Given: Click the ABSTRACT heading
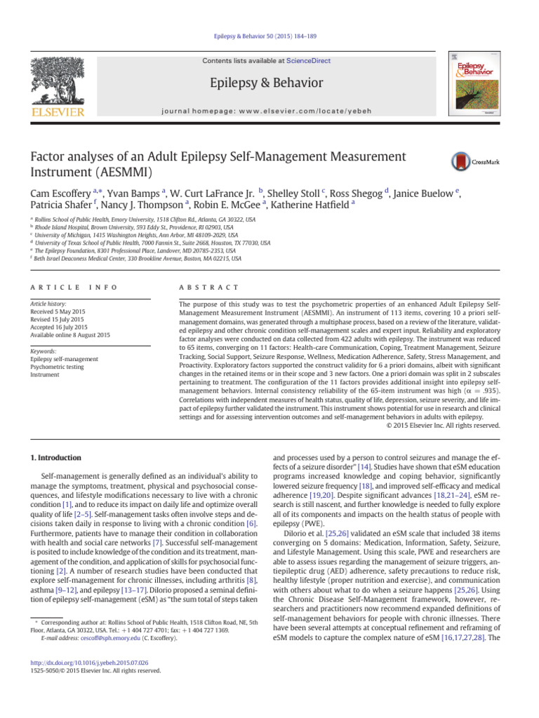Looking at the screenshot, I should tap(210, 288).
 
